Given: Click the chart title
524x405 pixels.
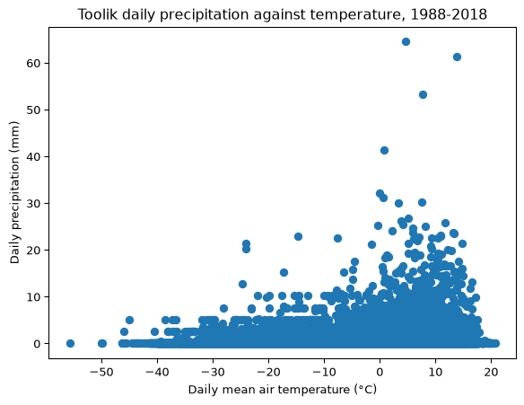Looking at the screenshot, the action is pyautogui.click(x=283, y=14).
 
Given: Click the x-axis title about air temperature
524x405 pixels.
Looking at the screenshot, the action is pyautogui.click(x=283, y=390).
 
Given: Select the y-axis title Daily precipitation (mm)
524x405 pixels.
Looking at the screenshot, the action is pyautogui.click(x=14, y=193).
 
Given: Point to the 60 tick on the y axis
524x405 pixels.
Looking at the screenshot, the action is pyautogui.click(x=33, y=63).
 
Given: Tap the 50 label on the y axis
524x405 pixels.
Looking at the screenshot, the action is pyautogui.click(x=33, y=110).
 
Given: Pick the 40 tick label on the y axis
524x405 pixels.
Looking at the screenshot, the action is pyautogui.click(x=33, y=156).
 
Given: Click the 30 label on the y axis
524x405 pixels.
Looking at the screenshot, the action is pyautogui.click(x=33, y=203).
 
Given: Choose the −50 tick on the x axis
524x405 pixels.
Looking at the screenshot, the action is pyautogui.click(x=101, y=373).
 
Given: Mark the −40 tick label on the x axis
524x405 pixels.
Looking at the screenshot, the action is pyautogui.click(x=157, y=373).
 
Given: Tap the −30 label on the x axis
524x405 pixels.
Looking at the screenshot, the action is pyautogui.click(x=213, y=373).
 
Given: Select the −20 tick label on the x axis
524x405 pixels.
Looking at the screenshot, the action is pyautogui.click(x=268, y=373).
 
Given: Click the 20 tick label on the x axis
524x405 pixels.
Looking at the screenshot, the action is pyautogui.click(x=491, y=373).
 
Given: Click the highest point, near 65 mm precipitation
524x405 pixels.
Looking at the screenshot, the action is pyautogui.click(x=406, y=42).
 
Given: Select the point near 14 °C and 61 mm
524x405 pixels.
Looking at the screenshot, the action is pyautogui.click(x=458, y=57).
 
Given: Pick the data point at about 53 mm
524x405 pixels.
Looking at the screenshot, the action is pyautogui.click(x=424, y=95).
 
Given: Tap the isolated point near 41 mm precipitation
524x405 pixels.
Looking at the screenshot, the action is pyautogui.click(x=384, y=151).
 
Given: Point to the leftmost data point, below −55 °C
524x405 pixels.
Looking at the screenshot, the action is pyautogui.click(x=70, y=343).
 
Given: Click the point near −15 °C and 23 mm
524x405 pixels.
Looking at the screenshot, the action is pyautogui.click(x=298, y=237).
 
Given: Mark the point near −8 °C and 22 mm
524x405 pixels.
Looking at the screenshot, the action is pyautogui.click(x=337, y=239).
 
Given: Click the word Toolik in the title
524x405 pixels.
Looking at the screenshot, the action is pyautogui.click(x=97, y=14).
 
